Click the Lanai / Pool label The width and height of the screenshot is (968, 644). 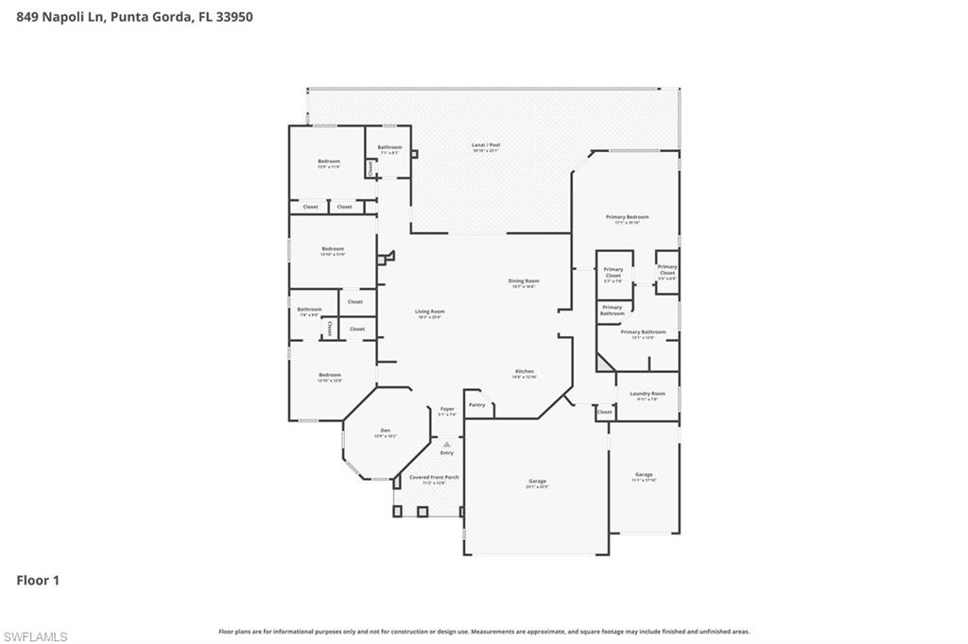(486, 145)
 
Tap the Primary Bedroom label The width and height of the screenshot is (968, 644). (627, 217)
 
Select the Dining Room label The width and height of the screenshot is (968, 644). (524, 280)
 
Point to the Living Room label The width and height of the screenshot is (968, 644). (429, 312)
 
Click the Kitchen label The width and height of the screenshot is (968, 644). (525, 371)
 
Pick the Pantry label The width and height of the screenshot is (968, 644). (477, 405)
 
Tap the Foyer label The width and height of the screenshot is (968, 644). (447, 410)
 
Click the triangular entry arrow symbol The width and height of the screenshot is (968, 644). (447, 444)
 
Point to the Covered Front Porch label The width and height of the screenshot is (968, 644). (434, 478)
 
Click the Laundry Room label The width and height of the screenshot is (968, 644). (648, 394)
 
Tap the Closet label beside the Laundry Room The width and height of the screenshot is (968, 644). (604, 412)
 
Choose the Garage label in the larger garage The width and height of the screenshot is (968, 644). (537, 482)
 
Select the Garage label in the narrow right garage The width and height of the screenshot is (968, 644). (644, 475)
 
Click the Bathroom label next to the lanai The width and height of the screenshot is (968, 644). (389, 147)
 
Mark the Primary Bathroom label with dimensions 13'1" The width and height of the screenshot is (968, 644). (643, 332)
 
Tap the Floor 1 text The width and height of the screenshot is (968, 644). (38, 581)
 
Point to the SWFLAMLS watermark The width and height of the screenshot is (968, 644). (35, 636)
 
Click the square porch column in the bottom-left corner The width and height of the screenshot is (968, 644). (398, 511)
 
